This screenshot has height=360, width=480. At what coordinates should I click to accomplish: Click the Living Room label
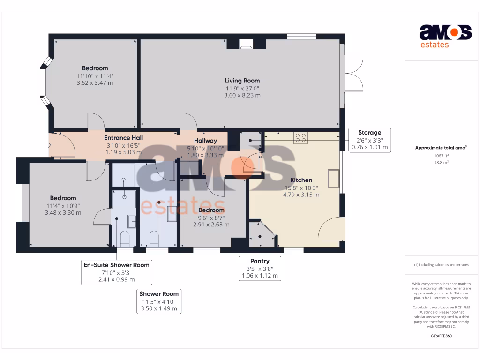pos(242,81)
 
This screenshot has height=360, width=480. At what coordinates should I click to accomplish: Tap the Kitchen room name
pos(301,180)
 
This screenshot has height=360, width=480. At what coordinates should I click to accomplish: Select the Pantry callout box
pos(260,268)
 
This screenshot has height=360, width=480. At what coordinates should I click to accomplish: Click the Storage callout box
pos(369,140)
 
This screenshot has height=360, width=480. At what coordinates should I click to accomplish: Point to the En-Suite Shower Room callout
pos(116,272)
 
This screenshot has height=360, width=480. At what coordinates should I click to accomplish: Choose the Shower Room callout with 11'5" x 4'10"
pos(159,300)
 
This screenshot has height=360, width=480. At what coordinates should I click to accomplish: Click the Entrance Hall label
pos(123,138)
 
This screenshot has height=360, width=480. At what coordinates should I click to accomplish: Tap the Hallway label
pos(205,141)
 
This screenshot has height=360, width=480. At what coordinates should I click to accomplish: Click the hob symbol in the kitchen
pos(300,137)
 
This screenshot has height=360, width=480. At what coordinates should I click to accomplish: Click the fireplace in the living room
pos(246,45)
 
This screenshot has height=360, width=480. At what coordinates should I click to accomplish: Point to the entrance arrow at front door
pos(49,145)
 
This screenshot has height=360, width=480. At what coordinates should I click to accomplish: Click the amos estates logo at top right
pos(445,36)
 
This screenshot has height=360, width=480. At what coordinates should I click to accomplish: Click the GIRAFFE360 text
pos(442,336)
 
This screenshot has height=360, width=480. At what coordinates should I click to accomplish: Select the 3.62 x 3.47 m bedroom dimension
pos(95,83)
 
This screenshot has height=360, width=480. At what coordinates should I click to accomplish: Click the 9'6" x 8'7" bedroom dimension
pos(211,217)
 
